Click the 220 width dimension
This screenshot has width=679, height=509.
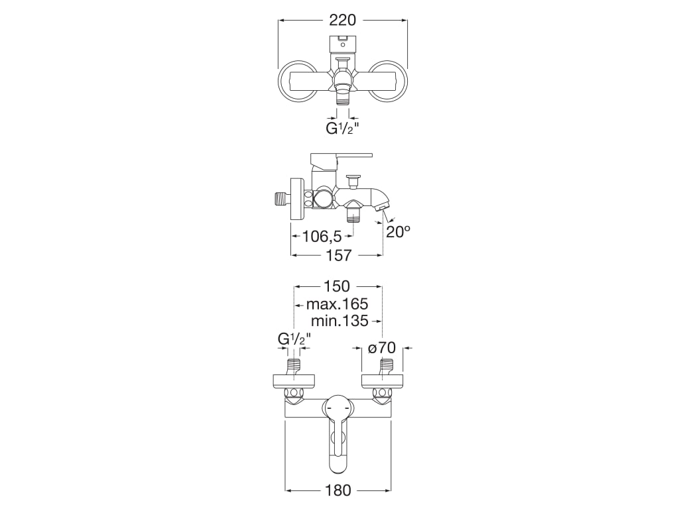pyautogui.click(x=342, y=21)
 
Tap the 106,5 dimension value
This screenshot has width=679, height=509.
pyautogui.click(x=322, y=237)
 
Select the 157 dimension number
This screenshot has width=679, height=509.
pyautogui.click(x=338, y=255)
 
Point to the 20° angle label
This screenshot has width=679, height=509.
pyautogui.click(x=398, y=233)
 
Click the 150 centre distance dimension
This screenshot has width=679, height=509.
pyautogui.click(x=336, y=286)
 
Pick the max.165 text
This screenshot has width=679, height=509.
pyautogui.click(x=337, y=304)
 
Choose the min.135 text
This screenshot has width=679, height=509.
pyautogui.click(x=339, y=321)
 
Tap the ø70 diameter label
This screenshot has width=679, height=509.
pyautogui.click(x=381, y=347)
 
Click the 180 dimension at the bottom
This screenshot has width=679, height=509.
pyautogui.click(x=338, y=490)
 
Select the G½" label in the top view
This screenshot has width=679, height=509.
pyautogui.click(x=342, y=129)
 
